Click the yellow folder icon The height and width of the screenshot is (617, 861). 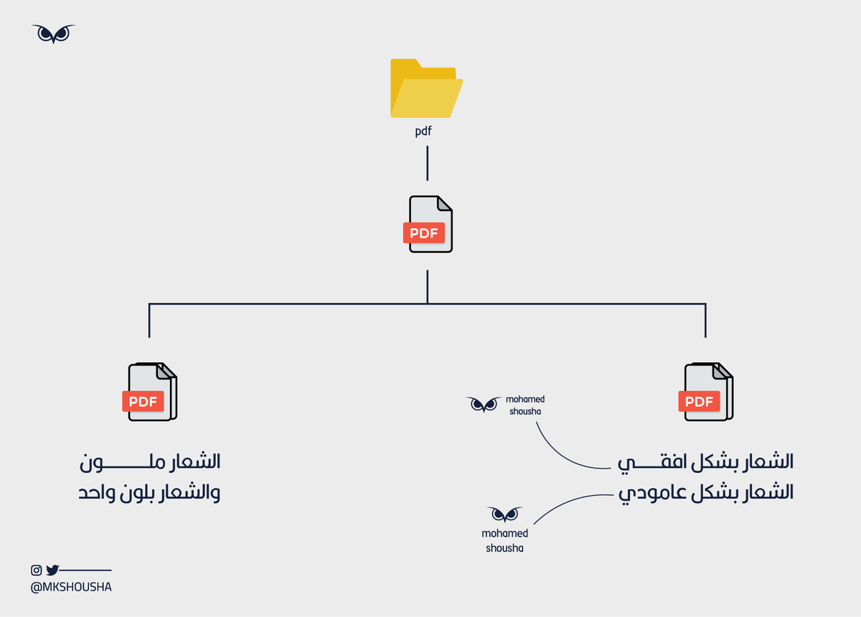(x=426, y=88)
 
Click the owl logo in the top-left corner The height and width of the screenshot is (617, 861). (x=53, y=33)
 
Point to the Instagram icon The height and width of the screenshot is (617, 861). (x=37, y=570)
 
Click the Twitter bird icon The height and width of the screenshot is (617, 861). (x=52, y=570)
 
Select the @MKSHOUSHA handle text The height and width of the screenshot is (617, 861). (x=71, y=587)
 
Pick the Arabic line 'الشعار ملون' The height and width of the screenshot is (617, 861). (x=149, y=462)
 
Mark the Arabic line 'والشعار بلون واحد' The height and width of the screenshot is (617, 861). (x=149, y=494)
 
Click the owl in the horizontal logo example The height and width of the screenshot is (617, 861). (x=484, y=404)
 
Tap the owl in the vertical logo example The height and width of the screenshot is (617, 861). (x=504, y=514)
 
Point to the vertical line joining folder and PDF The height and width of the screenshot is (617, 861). (x=428, y=164)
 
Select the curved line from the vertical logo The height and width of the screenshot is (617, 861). (x=567, y=501)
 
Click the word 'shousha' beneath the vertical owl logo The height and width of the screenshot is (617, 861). (x=504, y=548)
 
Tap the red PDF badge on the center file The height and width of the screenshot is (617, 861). (x=424, y=233)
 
